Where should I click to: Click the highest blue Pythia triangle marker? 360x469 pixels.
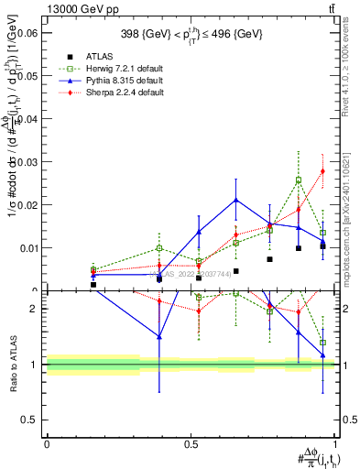236,200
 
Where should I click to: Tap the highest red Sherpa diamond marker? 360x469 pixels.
322,171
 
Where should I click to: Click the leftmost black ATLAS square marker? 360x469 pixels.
93,285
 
